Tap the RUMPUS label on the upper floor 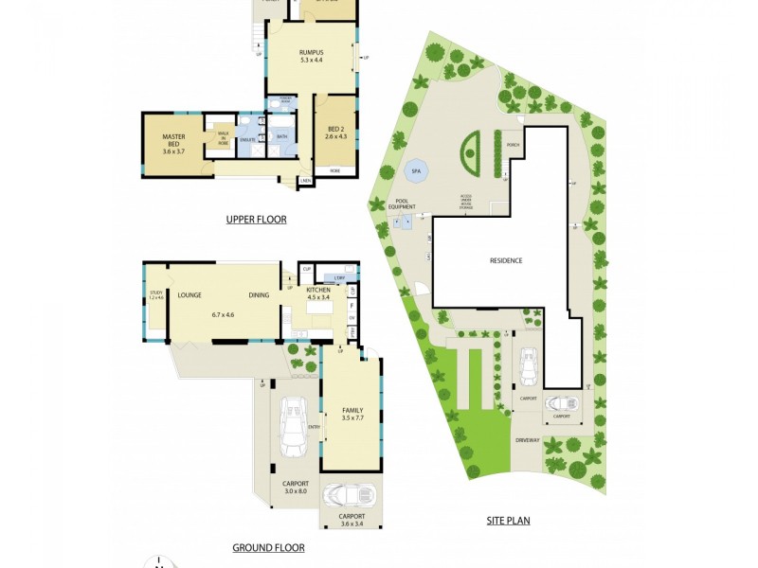click(x=312, y=52)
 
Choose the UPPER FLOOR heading click(x=256, y=220)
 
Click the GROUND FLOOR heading click(x=268, y=547)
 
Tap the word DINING click(x=260, y=295)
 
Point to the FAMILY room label click(x=352, y=410)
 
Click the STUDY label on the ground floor click(x=156, y=293)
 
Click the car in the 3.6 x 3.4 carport click(x=346, y=496)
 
